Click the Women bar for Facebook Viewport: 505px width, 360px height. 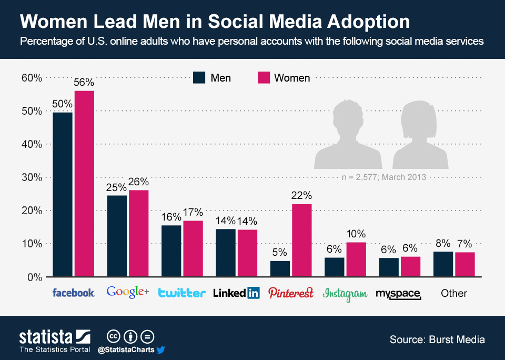[84, 184]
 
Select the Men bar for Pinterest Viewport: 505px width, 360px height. [280, 268]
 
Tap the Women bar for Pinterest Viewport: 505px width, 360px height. [302, 240]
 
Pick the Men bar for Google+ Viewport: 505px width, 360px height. [117, 236]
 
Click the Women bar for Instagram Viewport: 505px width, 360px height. [356, 259]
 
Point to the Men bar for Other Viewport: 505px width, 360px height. [443, 264]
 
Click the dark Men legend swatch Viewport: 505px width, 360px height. [199, 77]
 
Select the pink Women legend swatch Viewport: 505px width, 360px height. [263, 77]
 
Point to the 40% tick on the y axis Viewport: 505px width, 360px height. [32, 144]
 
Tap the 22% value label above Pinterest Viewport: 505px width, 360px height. [302, 196]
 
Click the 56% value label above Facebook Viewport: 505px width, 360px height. [84, 82]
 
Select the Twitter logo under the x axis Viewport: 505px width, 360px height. [181, 293]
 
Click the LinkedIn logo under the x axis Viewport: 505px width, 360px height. [236, 293]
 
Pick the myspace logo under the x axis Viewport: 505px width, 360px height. [399, 294]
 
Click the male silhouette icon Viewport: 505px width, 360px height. [348, 134]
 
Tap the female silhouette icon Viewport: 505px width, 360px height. [420, 134]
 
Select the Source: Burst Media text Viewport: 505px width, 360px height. [437, 339]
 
